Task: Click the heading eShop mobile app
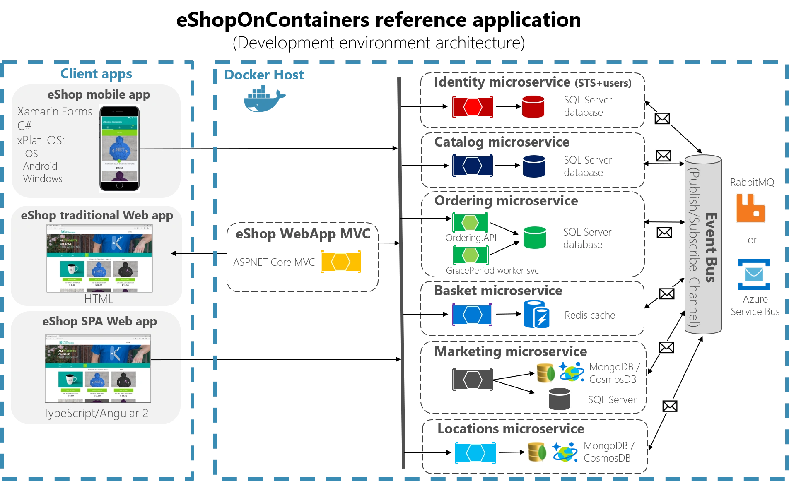[x=99, y=95]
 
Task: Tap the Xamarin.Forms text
[x=55, y=112]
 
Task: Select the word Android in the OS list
[x=40, y=166]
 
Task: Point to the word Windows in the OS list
[x=43, y=179]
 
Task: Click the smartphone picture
[x=120, y=149]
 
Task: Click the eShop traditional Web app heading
[x=97, y=216]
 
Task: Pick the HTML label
[x=99, y=299]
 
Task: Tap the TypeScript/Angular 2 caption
[x=96, y=413]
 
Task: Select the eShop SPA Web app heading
[x=99, y=322]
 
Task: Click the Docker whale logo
[x=264, y=99]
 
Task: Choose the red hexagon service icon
[x=472, y=107]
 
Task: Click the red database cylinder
[x=533, y=107]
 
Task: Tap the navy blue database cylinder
[x=533, y=166]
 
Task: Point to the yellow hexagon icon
[x=340, y=262]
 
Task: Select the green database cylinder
[x=534, y=238]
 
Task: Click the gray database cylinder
[x=560, y=399]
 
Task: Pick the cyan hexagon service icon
[x=475, y=453]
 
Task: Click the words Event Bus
[x=711, y=248]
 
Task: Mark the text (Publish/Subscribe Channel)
[x=694, y=248]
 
